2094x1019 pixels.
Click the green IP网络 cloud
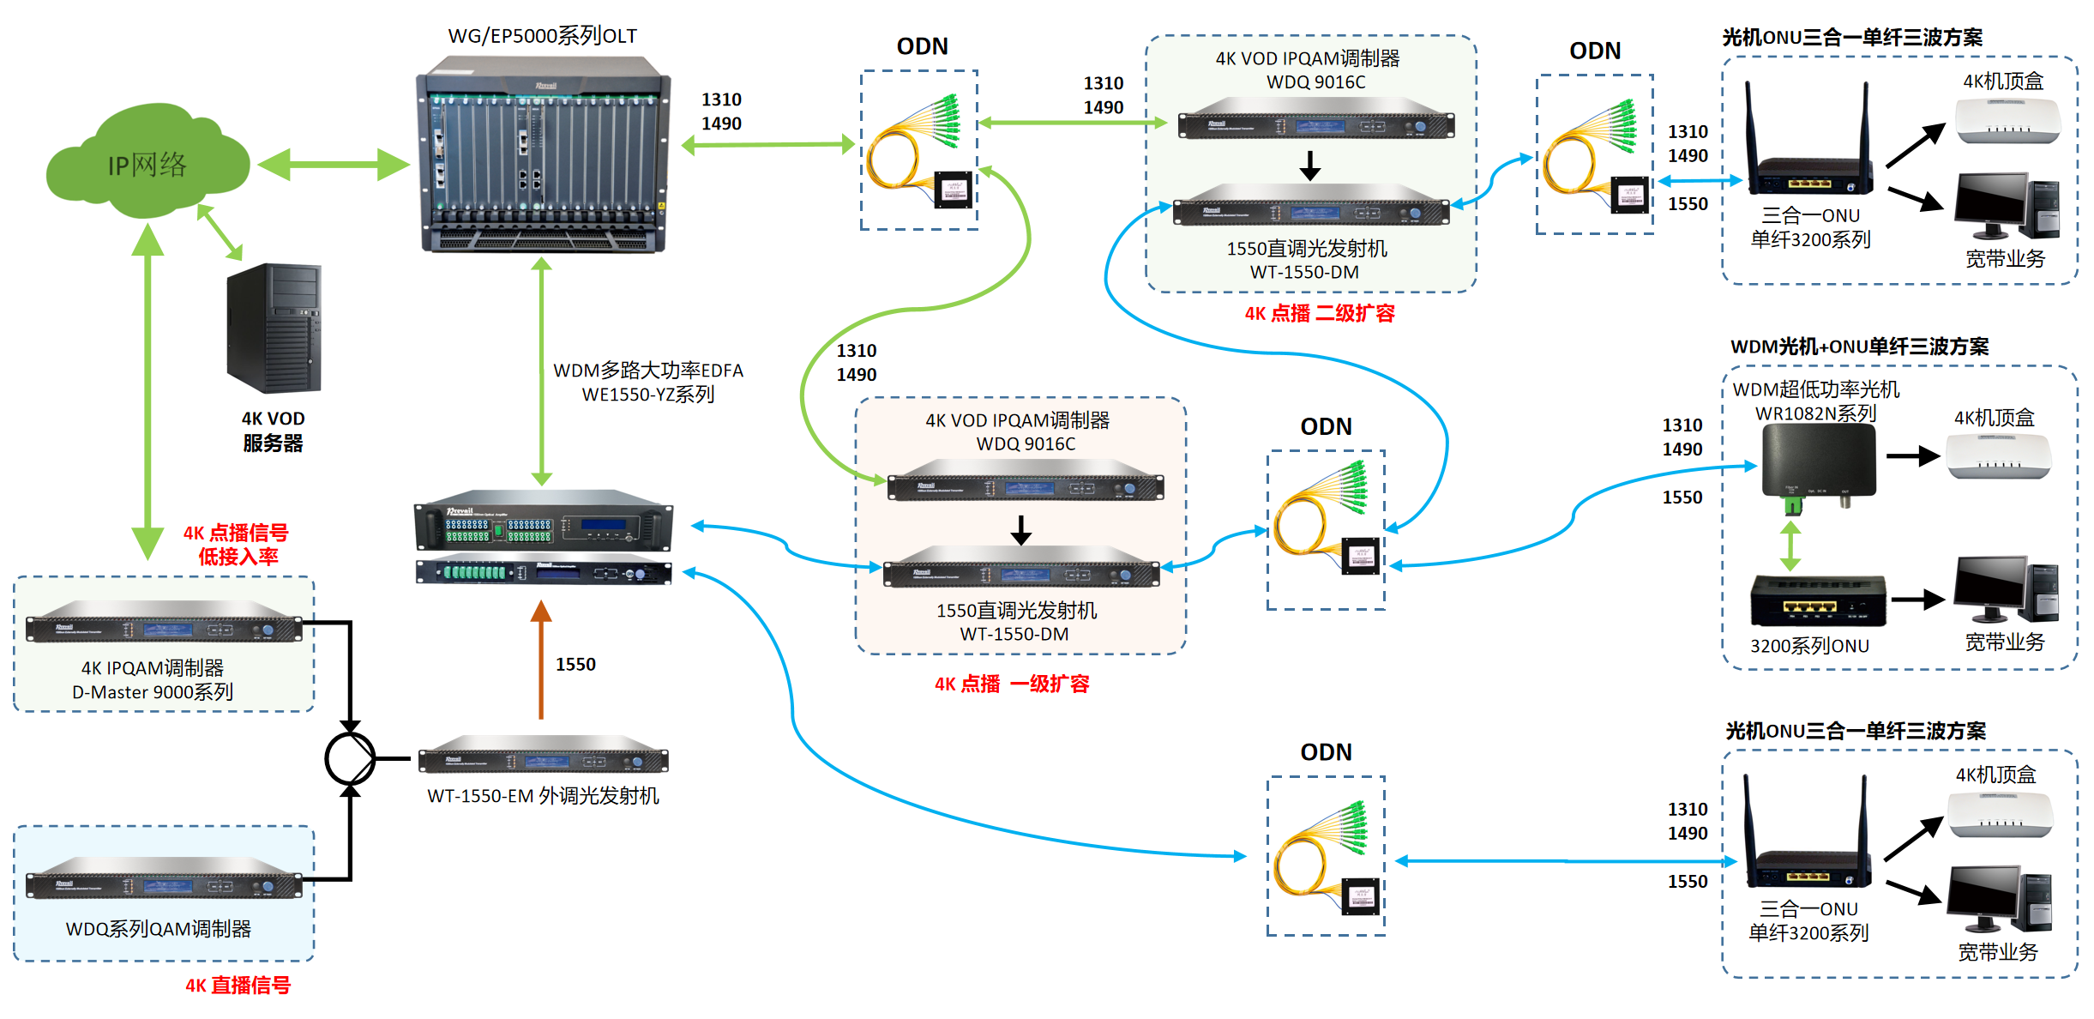pyautogui.click(x=147, y=163)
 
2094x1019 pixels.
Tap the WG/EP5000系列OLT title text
pyautogui.click(x=542, y=36)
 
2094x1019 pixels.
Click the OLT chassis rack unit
pyautogui.click(x=542, y=154)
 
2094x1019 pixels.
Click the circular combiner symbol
pyautogui.click(x=350, y=758)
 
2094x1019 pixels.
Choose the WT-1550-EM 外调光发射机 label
pyautogui.click(x=543, y=796)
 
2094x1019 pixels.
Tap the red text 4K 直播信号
pyautogui.click(x=238, y=986)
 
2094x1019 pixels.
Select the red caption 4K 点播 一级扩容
pyautogui.click(x=1012, y=684)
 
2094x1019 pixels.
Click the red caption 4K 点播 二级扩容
pyautogui.click(x=1320, y=313)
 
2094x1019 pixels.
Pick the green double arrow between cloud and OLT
pyautogui.click(x=333, y=165)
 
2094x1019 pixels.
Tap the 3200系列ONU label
pyautogui.click(x=1809, y=646)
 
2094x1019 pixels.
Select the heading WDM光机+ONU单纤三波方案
pyautogui.click(x=1859, y=347)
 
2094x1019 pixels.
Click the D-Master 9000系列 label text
pyautogui.click(x=153, y=692)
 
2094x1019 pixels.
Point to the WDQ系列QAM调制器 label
pyautogui.click(x=159, y=929)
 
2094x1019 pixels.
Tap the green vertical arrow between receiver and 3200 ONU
pyautogui.click(x=1790, y=546)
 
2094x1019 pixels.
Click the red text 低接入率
pyautogui.click(x=238, y=557)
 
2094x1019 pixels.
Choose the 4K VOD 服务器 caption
pyautogui.click(x=273, y=431)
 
